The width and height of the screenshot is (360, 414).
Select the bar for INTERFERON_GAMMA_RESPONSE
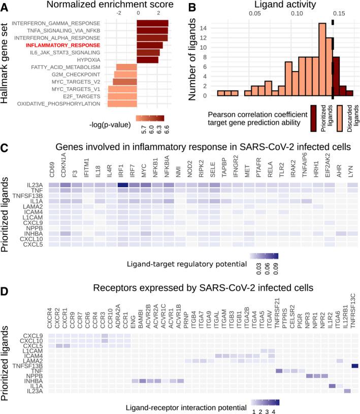(x=152, y=23)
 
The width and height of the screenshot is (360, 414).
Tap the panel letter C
(x=5, y=149)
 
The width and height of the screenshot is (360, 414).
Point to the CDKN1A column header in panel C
(x=65, y=168)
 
